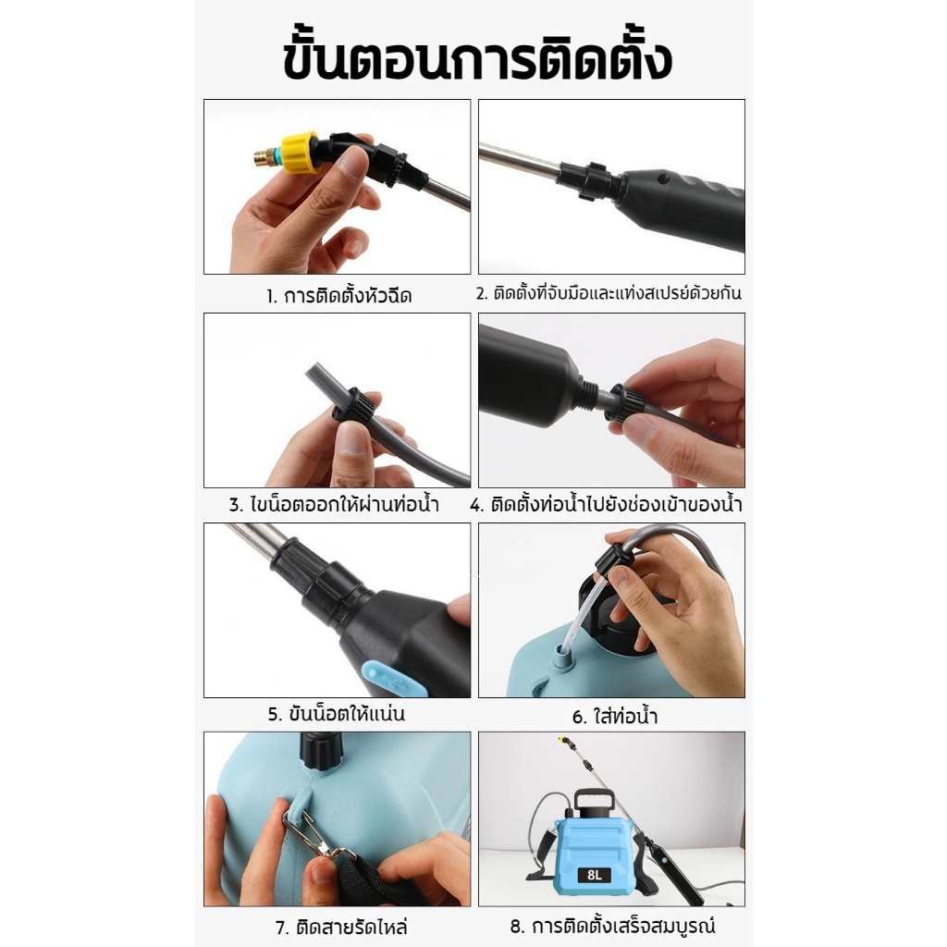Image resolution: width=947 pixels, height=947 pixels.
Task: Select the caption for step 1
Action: click(x=338, y=296)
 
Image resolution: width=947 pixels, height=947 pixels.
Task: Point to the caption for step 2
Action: click(x=609, y=293)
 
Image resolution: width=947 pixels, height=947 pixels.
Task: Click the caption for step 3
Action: click(x=334, y=504)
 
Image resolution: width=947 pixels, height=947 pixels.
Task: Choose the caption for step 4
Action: click(x=607, y=504)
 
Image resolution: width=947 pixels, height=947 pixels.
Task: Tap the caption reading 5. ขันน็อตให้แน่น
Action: click(x=337, y=715)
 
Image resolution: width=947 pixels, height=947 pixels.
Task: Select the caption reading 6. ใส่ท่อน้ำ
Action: click(x=615, y=717)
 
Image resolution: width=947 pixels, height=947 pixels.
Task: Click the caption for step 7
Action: click(x=341, y=927)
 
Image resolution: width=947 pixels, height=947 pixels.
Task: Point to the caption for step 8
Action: click(x=612, y=925)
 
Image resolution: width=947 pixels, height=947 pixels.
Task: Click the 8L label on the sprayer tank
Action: click(x=595, y=875)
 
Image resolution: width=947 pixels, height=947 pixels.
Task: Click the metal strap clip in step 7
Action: click(x=314, y=835)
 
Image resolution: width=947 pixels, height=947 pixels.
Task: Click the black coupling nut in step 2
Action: click(x=584, y=179)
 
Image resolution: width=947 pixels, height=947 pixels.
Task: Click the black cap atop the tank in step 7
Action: click(x=323, y=752)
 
